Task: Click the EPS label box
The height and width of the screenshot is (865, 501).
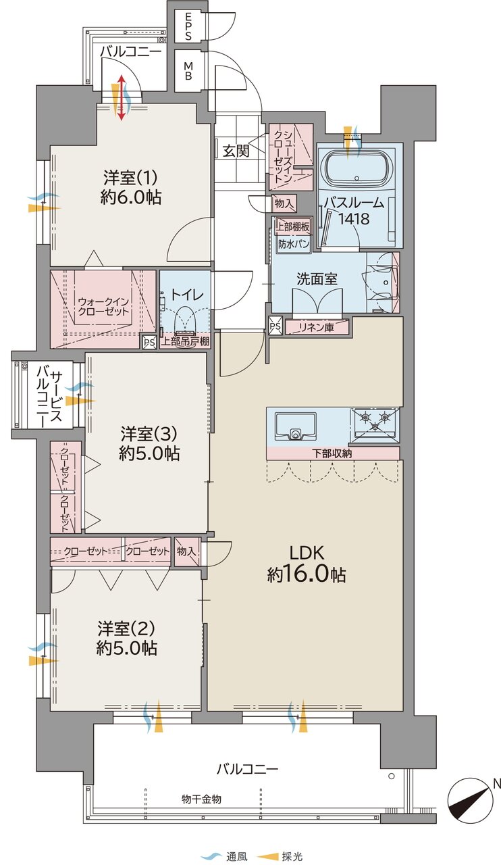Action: (188, 26)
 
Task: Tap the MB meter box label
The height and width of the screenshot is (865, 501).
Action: (188, 71)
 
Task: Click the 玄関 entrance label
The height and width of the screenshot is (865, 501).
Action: (236, 151)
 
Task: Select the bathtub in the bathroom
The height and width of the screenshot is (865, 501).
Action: (356, 169)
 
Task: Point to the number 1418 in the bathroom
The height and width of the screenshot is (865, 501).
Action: (354, 220)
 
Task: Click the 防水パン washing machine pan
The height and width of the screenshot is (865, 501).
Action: (294, 244)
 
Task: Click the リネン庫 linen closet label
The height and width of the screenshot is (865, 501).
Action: (317, 328)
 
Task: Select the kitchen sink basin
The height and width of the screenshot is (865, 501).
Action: (295, 426)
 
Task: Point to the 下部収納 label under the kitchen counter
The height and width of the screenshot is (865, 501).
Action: (332, 453)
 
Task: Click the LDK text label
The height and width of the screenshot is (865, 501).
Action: (307, 553)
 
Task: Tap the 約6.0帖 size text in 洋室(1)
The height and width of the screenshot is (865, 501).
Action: (131, 197)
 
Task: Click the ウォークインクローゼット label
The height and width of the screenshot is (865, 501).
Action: (103, 307)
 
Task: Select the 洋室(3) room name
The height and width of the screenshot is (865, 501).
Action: (149, 434)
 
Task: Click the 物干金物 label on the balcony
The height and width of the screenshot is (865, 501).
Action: (201, 799)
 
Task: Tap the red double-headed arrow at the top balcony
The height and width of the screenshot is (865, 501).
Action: (121, 98)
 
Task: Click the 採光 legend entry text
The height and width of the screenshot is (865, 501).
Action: (292, 857)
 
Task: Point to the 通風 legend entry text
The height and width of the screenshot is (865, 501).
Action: (236, 857)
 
